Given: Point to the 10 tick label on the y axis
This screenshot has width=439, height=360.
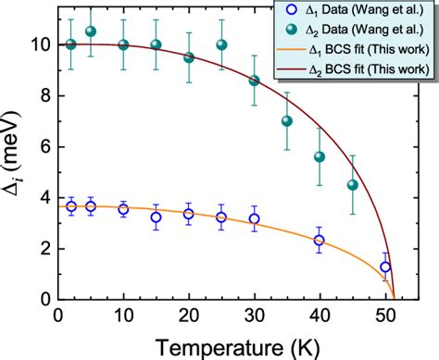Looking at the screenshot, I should [x=34, y=43].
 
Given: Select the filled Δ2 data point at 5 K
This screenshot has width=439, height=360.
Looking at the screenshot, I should [x=91, y=31].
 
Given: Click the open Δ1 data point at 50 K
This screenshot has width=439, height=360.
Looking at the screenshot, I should [x=385, y=267].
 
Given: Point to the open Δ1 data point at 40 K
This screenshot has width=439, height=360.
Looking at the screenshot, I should [x=320, y=240].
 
